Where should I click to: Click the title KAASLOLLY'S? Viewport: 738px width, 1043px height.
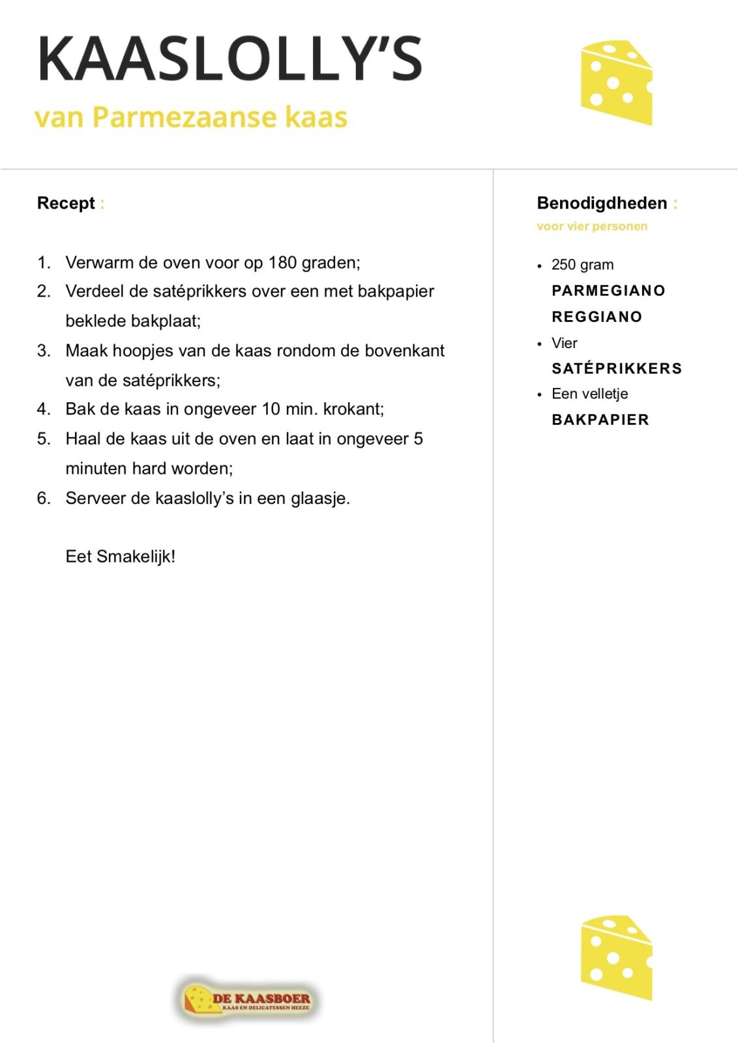[x=229, y=59]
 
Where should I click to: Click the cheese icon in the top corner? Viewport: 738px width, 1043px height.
[x=616, y=83]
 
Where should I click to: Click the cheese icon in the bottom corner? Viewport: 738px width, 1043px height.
[x=616, y=957]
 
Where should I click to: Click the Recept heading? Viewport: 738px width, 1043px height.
[x=66, y=203]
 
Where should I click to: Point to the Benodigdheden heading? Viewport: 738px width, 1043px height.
[x=602, y=203]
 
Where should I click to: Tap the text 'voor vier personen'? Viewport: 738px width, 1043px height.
[x=592, y=227]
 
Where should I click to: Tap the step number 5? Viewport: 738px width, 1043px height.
[x=43, y=439]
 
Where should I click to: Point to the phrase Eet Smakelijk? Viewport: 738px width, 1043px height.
[x=121, y=557]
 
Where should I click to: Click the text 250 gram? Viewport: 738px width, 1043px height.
[x=582, y=265]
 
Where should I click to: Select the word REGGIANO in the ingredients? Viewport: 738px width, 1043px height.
[x=597, y=317]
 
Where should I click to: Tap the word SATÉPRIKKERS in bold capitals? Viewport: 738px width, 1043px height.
[x=617, y=368]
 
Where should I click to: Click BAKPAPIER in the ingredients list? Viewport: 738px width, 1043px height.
[x=600, y=420]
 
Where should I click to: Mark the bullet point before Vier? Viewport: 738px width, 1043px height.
[x=539, y=344]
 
